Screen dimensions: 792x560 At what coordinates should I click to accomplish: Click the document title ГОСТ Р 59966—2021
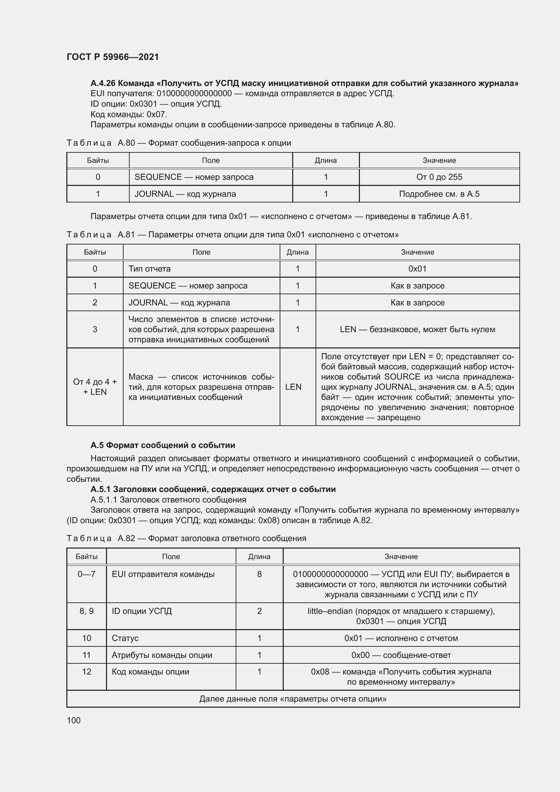[x=113, y=57]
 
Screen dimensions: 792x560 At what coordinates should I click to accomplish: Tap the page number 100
[x=73, y=720]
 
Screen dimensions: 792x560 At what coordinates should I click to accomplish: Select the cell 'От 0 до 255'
[x=439, y=177]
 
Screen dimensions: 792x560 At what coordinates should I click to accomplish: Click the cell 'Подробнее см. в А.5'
[x=439, y=194]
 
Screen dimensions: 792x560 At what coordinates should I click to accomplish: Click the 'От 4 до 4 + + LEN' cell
[x=95, y=387]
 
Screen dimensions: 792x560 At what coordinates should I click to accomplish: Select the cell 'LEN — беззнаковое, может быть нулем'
[x=417, y=329]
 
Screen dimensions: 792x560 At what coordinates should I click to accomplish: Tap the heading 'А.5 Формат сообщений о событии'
[x=163, y=445]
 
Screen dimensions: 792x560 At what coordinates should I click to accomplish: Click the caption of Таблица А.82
[x=186, y=538]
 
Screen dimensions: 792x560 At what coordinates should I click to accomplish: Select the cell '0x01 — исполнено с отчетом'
[x=401, y=638]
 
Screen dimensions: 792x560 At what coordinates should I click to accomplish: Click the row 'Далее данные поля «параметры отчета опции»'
[x=293, y=699]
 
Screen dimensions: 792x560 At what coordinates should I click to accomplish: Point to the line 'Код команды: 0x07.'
[x=129, y=114]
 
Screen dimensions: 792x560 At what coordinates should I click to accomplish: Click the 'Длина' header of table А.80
[x=325, y=160]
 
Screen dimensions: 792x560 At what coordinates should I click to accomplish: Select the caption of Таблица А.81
[x=232, y=235]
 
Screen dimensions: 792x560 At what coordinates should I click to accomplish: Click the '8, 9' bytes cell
[x=87, y=611]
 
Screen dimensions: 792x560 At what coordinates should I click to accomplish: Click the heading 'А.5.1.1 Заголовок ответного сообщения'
[x=168, y=499]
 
